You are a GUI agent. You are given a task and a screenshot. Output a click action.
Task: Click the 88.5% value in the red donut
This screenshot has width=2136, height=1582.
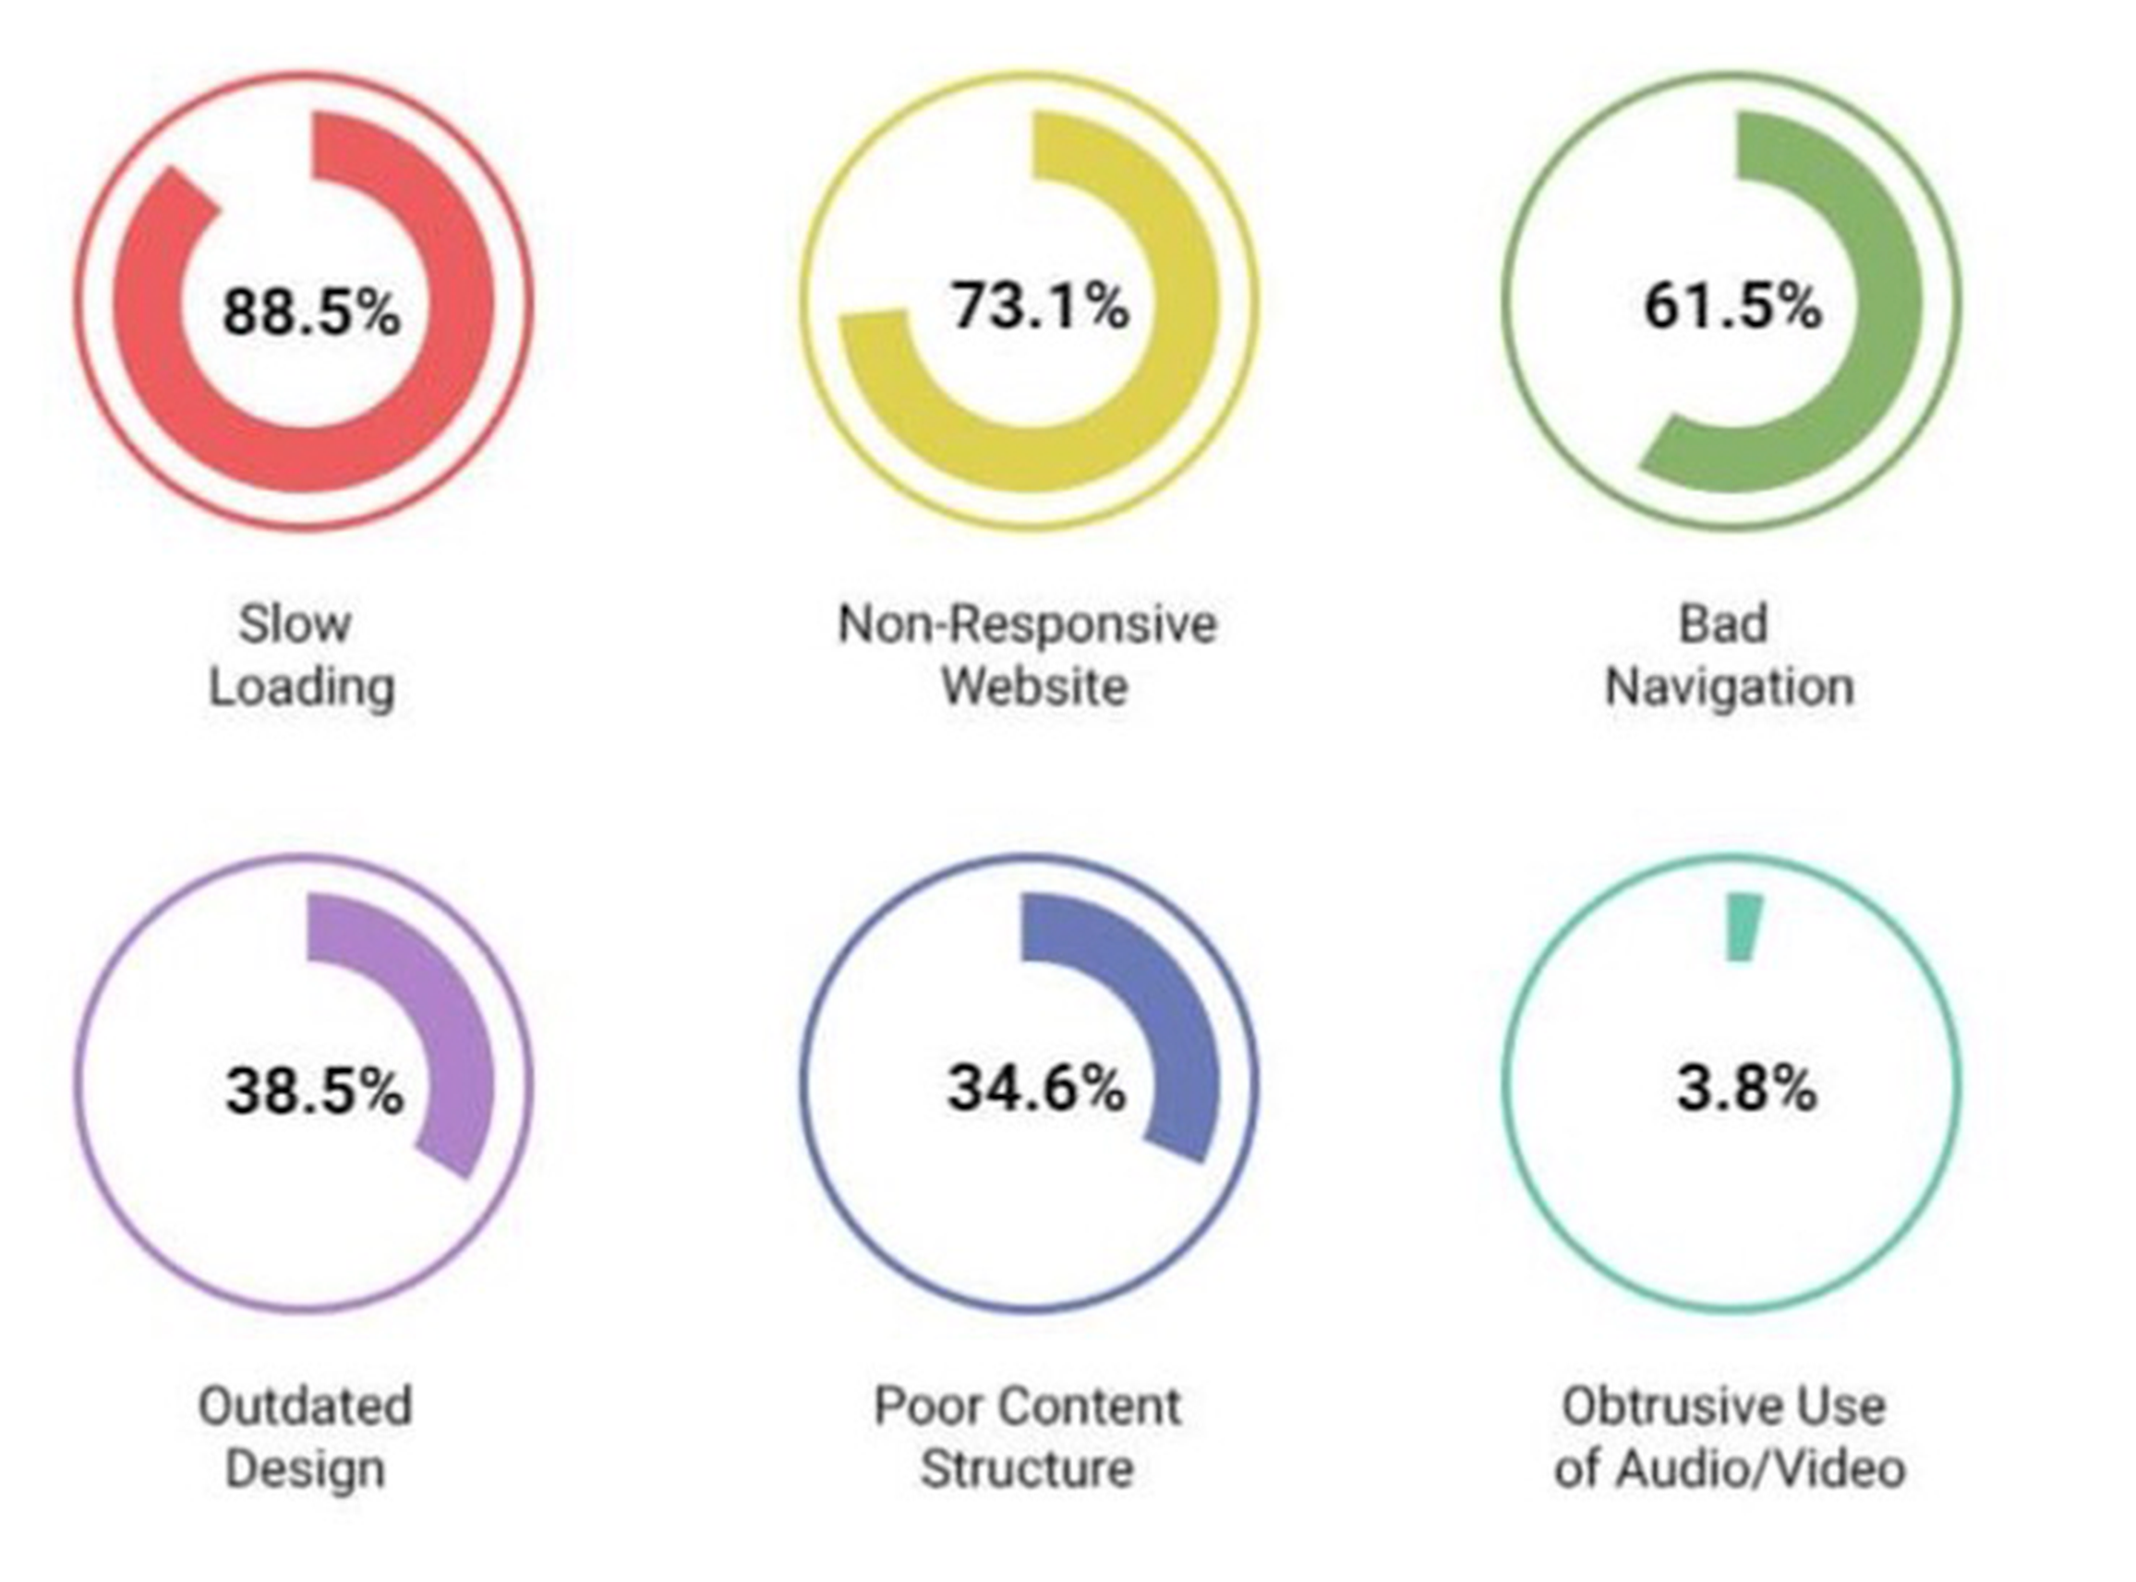[x=311, y=312]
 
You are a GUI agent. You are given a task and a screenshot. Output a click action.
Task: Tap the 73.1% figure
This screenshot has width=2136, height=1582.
[x=1040, y=307]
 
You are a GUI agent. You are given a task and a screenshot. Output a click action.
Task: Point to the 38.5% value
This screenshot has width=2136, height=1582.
[x=314, y=1091]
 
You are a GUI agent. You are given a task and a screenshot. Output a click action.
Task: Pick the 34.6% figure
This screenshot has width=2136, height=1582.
[x=1037, y=1089]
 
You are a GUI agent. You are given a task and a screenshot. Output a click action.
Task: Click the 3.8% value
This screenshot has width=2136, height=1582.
[x=1746, y=1089]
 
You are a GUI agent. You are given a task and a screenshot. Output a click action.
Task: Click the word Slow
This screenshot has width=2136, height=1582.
[x=295, y=623]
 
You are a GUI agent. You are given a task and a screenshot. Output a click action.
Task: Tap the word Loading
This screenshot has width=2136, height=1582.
[x=302, y=688]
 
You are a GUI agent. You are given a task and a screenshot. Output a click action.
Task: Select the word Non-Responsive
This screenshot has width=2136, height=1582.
[x=1027, y=623]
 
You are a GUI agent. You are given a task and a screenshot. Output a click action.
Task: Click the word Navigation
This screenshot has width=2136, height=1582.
[x=1729, y=688]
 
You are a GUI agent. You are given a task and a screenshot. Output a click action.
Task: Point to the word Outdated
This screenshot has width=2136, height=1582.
[x=305, y=1406]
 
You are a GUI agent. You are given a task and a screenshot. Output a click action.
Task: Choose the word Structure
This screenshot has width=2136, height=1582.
[x=1026, y=1469]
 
